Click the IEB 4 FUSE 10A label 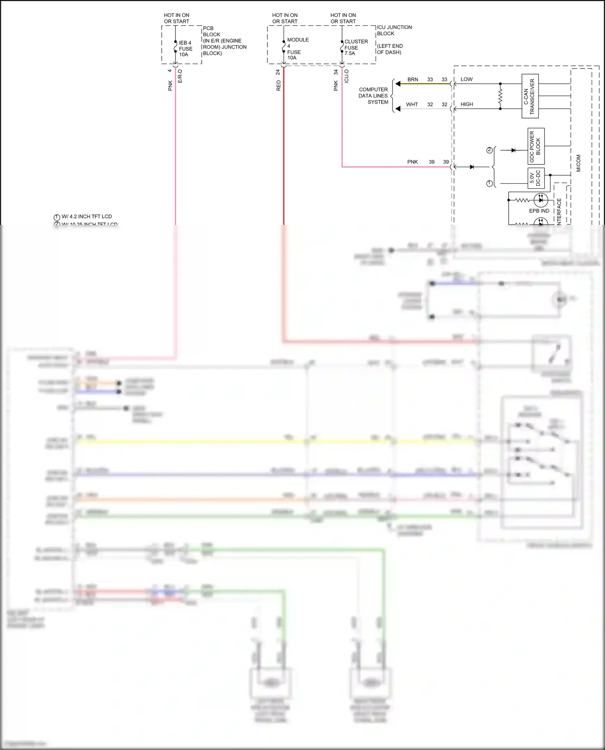click(185, 49)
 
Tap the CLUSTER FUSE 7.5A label click(355, 48)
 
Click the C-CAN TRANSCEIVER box click(530, 96)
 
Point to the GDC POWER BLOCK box click(536, 146)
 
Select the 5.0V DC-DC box click(536, 179)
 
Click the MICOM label click(578, 163)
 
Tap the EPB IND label click(539, 211)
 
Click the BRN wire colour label click(413, 79)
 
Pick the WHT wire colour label click(412, 104)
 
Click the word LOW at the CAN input click(466, 79)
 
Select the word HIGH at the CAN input click(467, 104)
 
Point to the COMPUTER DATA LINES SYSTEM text click(373, 96)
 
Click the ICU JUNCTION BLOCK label click(394, 30)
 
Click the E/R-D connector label click(180, 76)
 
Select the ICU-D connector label click(346, 76)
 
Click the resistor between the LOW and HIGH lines click(500, 96)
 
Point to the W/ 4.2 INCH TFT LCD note click(86, 216)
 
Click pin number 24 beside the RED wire click(277, 72)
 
